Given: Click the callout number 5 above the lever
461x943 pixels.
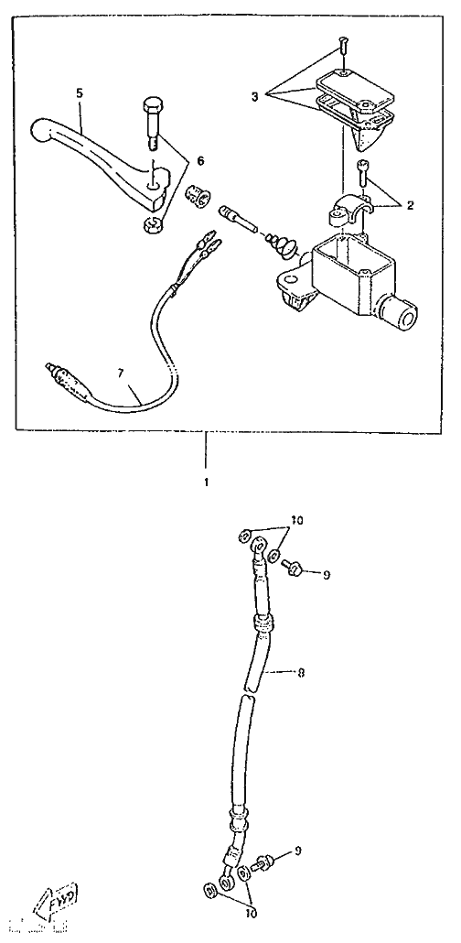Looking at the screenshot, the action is click(x=80, y=93).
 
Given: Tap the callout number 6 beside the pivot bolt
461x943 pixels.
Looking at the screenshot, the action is click(x=200, y=160).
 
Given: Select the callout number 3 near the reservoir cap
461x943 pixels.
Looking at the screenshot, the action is click(x=254, y=96).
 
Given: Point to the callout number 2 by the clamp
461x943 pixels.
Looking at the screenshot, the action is click(x=410, y=205).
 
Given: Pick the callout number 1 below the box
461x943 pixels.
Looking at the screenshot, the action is click(x=206, y=482).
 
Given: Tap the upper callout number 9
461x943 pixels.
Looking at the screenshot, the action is click(x=327, y=576).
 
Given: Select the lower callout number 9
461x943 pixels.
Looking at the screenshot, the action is click(x=299, y=851).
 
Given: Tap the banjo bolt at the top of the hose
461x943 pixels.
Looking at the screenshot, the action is click(x=292, y=567).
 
